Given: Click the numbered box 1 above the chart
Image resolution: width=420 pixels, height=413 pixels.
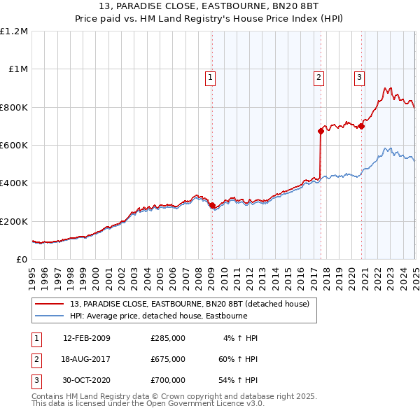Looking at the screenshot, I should point(211,78).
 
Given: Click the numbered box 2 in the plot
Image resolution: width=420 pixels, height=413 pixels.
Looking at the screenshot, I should point(318,78).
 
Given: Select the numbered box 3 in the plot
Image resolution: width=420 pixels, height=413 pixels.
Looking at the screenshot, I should point(359,78).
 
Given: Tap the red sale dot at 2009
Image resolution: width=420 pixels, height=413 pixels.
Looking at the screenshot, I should point(212,205).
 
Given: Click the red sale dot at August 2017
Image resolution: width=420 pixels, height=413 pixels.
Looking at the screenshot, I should point(321,130).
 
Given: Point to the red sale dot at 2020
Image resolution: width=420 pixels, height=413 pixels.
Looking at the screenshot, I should point(362,126).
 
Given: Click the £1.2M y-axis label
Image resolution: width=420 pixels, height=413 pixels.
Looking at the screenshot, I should point(14,31).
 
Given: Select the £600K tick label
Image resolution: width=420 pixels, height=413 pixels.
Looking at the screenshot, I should point(14,146).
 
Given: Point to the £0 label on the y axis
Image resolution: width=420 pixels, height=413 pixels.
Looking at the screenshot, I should point(22,260).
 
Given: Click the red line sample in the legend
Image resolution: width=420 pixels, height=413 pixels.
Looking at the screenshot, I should point(50,303).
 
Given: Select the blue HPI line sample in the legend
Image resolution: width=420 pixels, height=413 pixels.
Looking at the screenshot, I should point(50,315).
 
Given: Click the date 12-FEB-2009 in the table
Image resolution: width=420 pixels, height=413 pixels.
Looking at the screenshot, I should point(87,338).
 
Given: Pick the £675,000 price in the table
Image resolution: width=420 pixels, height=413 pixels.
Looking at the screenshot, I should point(168,359).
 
